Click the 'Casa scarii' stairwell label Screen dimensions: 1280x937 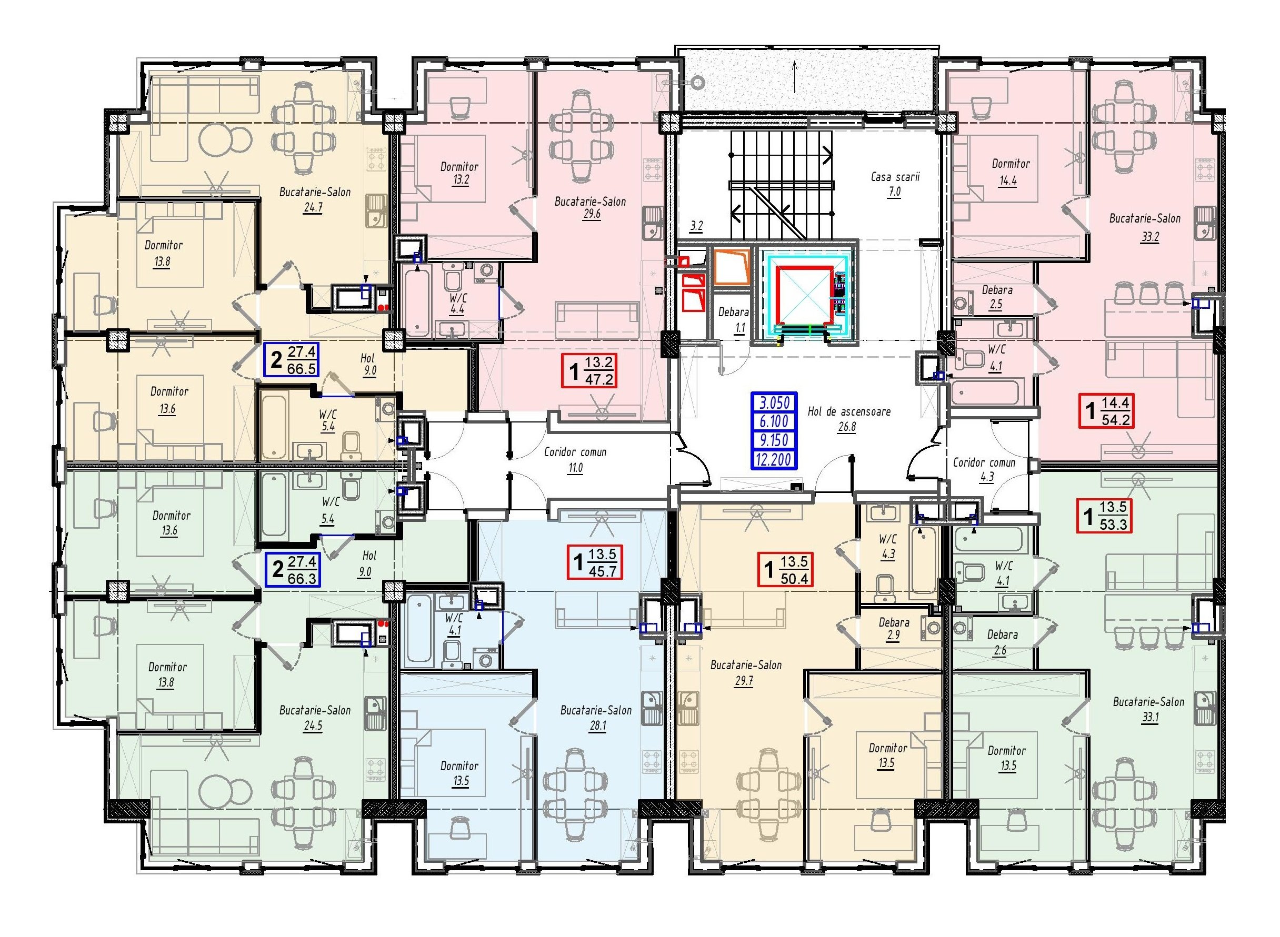(895, 177)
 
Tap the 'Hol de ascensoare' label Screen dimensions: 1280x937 (849, 411)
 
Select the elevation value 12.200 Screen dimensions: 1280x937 (774, 459)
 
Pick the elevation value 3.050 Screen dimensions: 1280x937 (774, 402)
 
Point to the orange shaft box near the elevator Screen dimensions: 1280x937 (732, 266)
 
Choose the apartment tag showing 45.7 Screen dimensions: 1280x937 (595, 562)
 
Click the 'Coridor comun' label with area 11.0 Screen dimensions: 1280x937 (575, 459)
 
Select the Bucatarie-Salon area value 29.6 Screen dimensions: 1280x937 (591, 215)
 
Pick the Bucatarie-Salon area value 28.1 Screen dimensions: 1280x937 (596, 726)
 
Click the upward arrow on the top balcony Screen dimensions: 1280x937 (794, 76)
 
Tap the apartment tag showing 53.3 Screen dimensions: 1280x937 (1105, 516)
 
